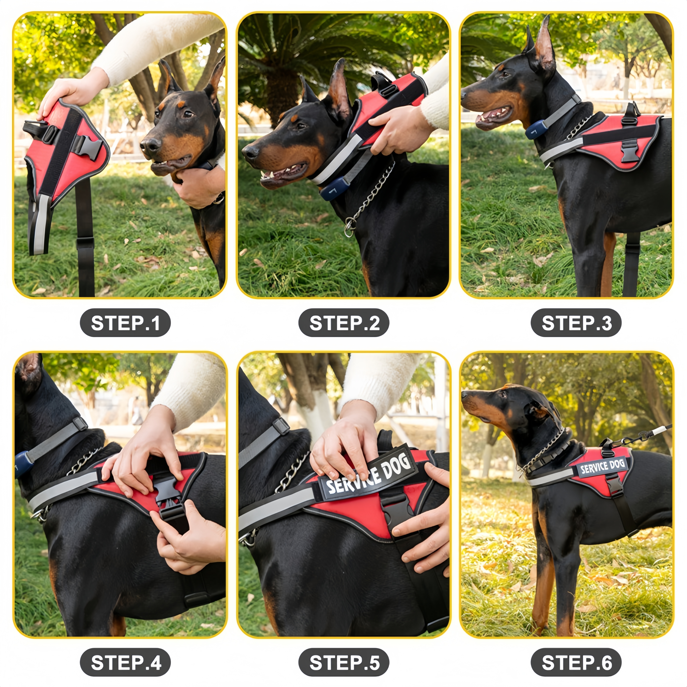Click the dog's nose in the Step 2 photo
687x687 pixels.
click(250, 151)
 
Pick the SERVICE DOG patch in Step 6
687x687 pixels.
click(602, 467)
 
